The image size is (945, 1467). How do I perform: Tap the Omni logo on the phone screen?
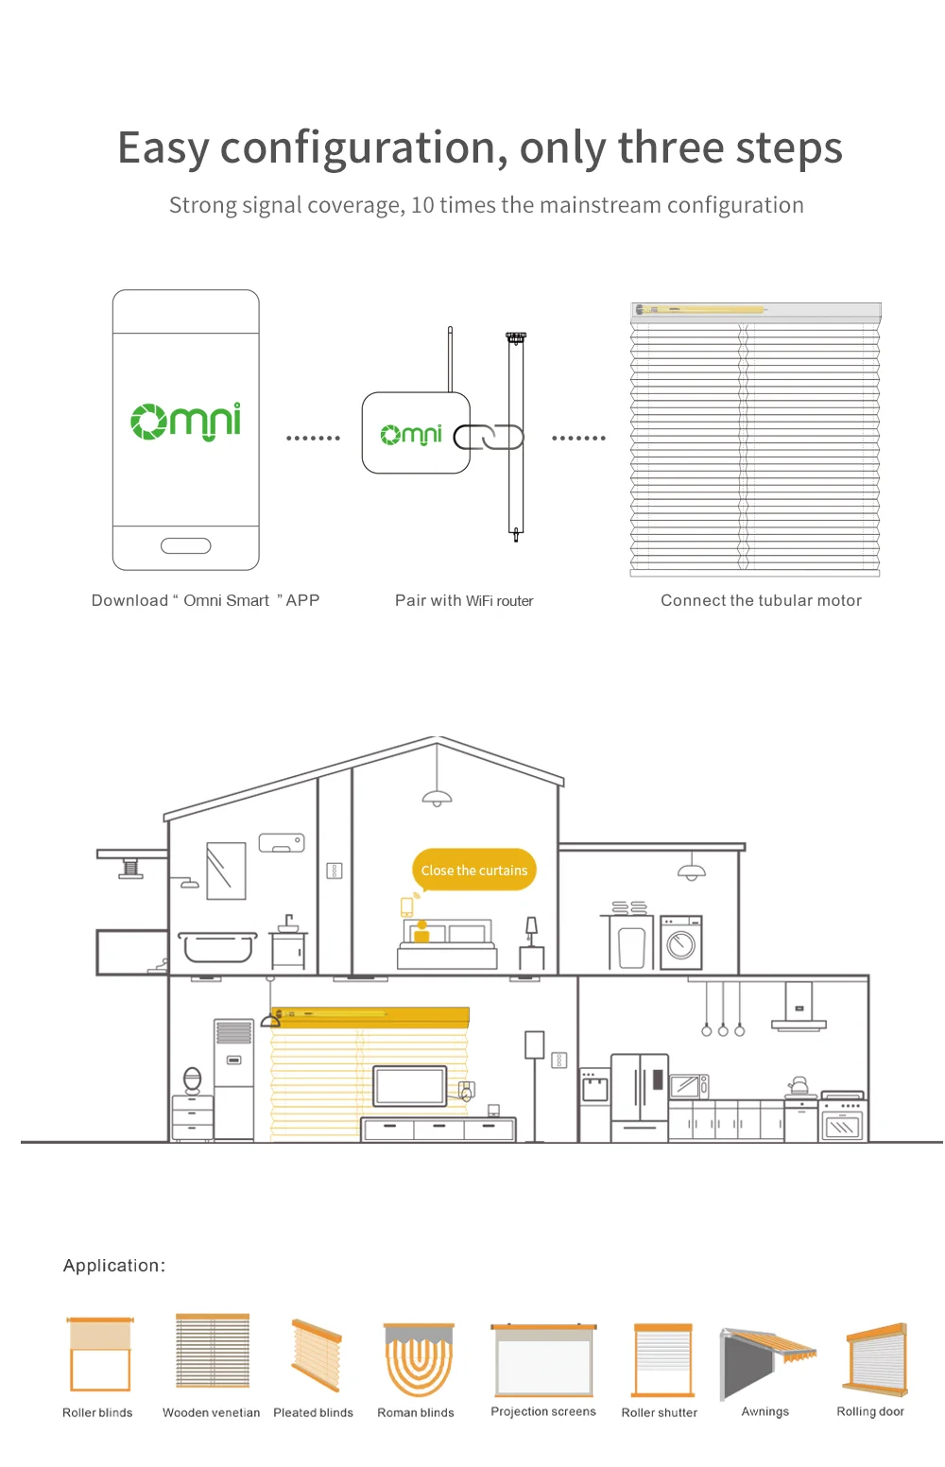click(186, 422)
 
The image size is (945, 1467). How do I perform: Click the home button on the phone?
click(186, 545)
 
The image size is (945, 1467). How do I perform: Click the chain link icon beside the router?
click(489, 437)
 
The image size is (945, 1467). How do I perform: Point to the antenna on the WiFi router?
click(451, 359)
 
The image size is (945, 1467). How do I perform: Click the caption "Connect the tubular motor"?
click(761, 600)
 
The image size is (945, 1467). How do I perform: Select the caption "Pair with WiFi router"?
click(464, 600)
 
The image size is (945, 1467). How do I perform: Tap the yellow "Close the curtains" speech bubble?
click(474, 871)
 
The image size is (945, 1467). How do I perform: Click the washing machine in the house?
click(681, 942)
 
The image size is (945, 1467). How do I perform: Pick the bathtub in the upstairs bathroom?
click(218, 947)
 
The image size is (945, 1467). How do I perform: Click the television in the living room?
click(410, 1086)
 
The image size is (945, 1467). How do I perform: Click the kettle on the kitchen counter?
click(799, 1086)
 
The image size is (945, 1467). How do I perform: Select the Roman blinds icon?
click(419, 1359)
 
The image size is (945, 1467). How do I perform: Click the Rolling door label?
click(870, 1411)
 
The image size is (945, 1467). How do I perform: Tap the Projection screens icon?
click(543, 1360)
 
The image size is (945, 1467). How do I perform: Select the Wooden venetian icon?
click(213, 1352)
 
